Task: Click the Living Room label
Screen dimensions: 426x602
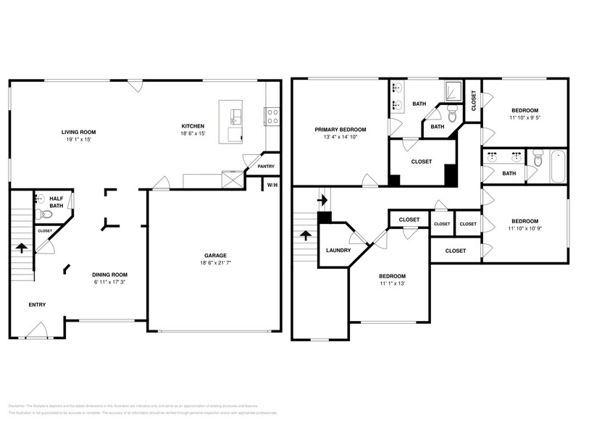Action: pos(78,132)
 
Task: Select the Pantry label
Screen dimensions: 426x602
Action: pos(266,166)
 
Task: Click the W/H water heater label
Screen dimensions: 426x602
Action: pos(272,185)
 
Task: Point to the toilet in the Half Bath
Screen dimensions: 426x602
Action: pos(39,213)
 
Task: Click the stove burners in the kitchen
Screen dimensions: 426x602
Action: pos(272,112)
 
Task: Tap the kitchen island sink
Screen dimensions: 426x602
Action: pos(235,114)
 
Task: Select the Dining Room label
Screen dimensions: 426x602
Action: pos(109,275)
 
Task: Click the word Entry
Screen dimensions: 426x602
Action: pos(37,304)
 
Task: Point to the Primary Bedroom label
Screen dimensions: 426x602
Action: pos(340,130)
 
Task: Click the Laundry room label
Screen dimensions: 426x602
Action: pos(338,251)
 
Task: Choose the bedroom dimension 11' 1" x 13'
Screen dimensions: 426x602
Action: pos(391,283)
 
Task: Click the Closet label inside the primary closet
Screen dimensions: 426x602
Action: pos(421,162)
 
